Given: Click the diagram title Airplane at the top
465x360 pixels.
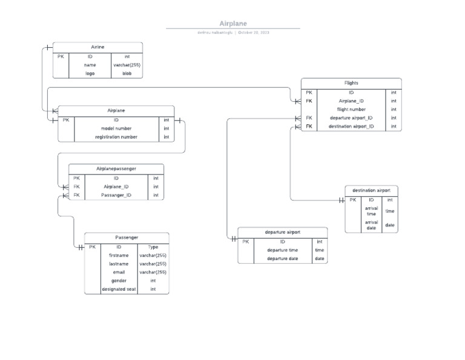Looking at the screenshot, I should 233,24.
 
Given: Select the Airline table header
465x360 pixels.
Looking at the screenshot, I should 97,47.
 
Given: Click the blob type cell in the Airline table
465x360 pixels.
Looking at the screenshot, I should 127,73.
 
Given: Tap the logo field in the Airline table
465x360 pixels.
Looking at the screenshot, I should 90,73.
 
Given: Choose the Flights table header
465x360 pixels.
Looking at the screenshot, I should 351,83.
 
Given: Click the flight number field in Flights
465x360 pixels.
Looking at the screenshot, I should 351,110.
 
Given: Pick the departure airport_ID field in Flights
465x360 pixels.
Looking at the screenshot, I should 351,118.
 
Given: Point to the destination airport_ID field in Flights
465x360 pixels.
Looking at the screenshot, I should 351,127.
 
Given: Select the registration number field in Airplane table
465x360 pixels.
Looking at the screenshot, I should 116,137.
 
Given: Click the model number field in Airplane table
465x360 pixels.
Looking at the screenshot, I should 116,128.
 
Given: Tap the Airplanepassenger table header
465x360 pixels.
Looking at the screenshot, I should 116,169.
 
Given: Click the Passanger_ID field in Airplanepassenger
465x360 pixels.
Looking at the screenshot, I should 116,195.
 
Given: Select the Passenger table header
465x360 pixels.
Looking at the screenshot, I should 127,237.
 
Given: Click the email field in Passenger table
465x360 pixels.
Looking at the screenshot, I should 119,272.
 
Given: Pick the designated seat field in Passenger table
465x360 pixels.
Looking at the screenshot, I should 119,289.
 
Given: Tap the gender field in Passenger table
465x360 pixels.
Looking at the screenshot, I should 119,281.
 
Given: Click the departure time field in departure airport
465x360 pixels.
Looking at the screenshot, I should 282,250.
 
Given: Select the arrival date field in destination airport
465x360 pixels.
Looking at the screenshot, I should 371,225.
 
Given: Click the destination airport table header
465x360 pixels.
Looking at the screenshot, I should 371,190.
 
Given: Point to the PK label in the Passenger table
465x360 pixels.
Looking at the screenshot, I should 93,247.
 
